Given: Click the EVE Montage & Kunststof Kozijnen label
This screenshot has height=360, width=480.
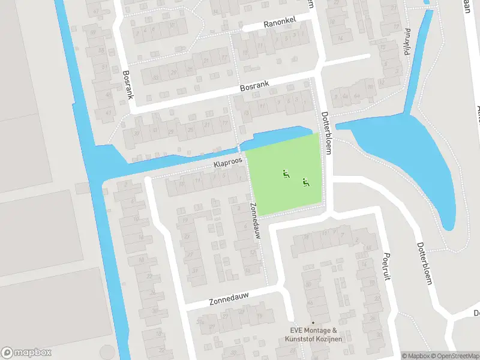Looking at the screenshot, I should click(x=314, y=335).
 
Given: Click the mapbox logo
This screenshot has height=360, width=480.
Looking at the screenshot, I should click(x=26, y=353).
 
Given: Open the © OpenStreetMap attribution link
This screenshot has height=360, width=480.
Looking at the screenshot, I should click(x=455, y=356).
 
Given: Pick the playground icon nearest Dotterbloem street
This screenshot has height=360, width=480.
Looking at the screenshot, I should click(x=306, y=182).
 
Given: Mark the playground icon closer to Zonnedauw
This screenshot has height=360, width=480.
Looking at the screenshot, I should click(x=286, y=175).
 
